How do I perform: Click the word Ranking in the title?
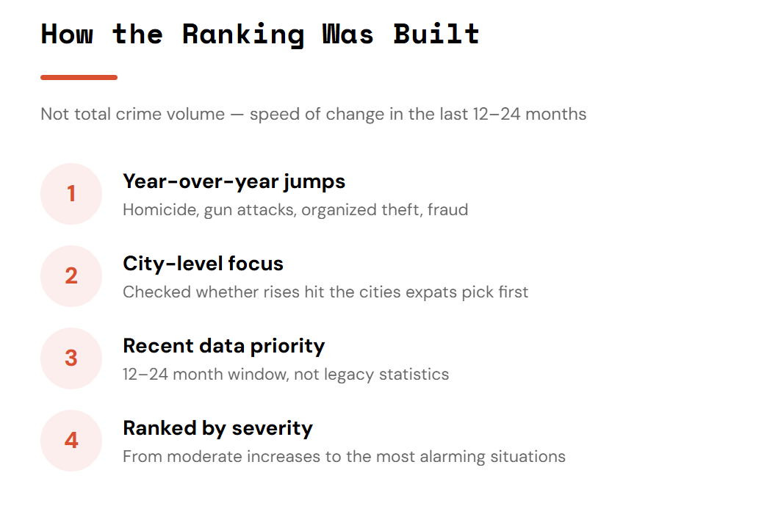coord(243,35)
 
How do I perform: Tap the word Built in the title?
coord(436,34)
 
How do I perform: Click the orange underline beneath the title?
coord(79,77)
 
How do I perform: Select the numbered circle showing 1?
coord(71,194)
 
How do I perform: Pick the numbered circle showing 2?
coord(71,276)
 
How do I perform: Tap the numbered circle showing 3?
coord(71,358)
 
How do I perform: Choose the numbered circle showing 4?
coord(71,441)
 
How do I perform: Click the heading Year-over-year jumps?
coord(234,182)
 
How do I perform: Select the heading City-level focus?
coord(203,264)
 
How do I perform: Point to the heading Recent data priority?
coord(224,347)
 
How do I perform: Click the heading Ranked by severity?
coord(217,429)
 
